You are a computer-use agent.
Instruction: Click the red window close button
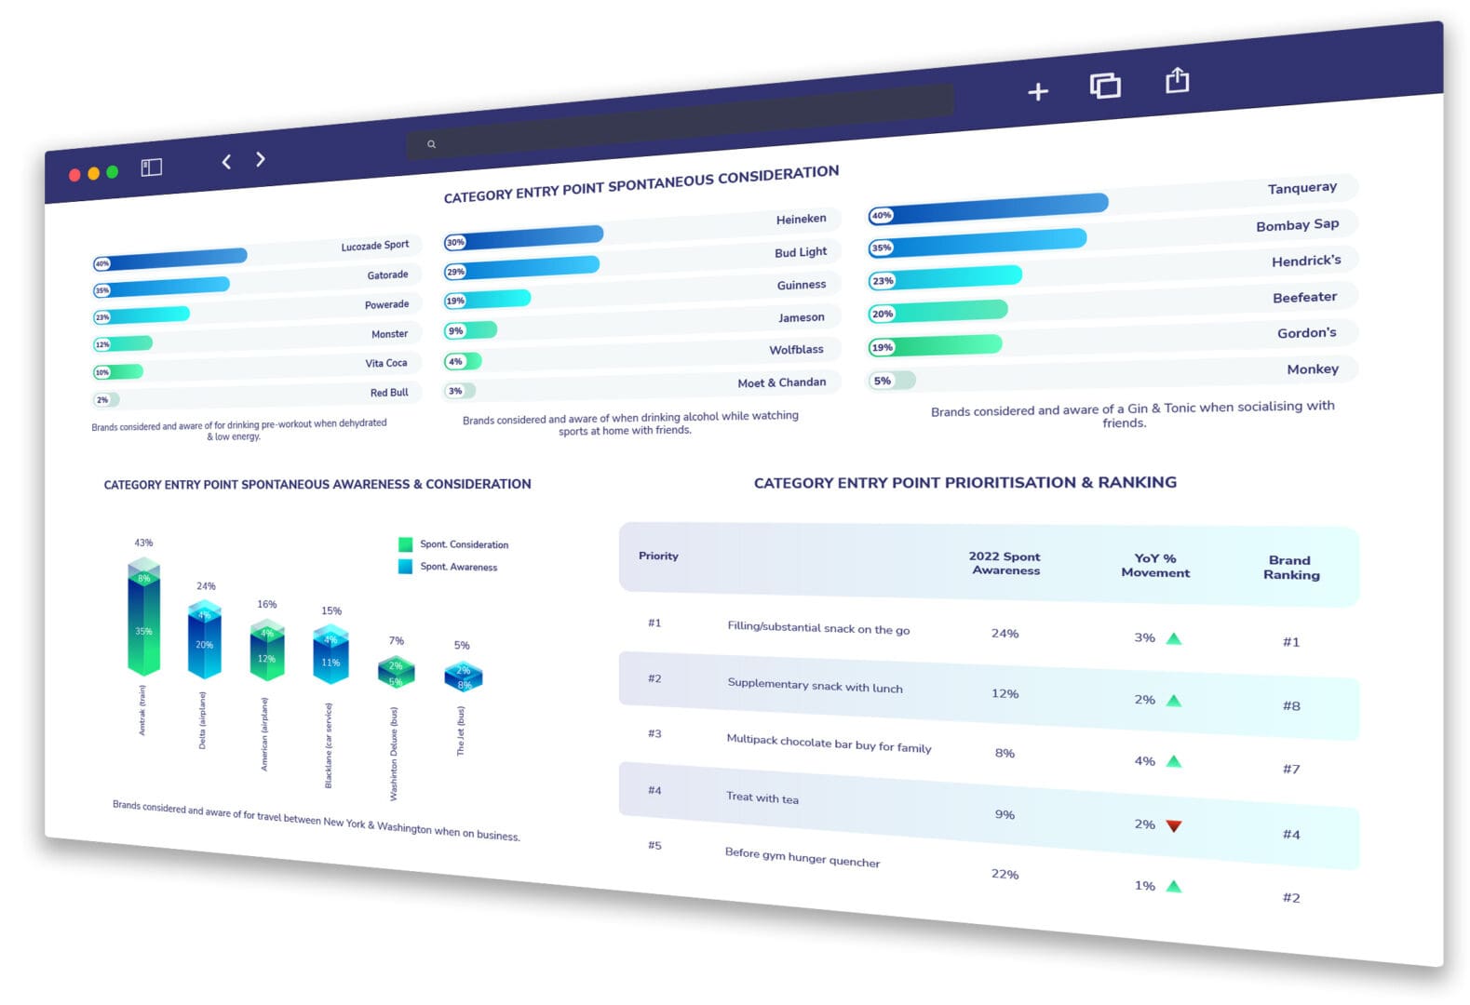pos(74,175)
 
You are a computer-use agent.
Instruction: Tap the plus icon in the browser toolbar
pos(1037,91)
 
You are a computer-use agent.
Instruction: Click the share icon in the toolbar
pos(1177,81)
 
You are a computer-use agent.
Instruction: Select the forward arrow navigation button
pos(261,159)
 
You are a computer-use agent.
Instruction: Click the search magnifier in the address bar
pos(431,144)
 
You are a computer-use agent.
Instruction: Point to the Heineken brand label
pos(801,220)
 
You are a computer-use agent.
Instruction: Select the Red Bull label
pos(389,393)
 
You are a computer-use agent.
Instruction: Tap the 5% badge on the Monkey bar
pos(882,381)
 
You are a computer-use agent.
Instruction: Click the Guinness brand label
pos(801,285)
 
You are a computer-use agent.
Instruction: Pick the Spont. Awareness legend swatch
pos(405,566)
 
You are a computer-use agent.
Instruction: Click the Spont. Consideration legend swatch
pos(405,544)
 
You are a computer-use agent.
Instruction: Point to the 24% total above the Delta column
pos(206,586)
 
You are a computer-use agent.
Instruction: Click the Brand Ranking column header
pos(1290,567)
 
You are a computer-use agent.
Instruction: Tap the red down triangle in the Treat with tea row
pos(1173,825)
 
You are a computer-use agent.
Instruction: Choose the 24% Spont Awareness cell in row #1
pos(1005,634)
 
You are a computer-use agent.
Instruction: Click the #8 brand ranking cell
pos(1290,706)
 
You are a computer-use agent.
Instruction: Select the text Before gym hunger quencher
pos(802,857)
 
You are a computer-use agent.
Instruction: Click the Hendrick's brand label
pos(1305,261)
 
